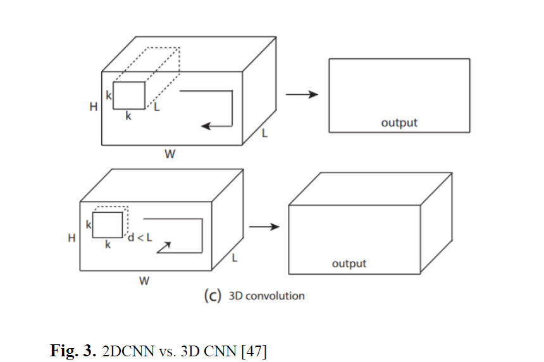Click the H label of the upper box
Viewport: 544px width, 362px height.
(94, 107)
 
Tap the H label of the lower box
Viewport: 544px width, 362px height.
(72, 238)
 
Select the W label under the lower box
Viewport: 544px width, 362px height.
(144, 281)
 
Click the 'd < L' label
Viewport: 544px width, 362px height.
(140, 238)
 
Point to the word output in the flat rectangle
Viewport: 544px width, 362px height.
(399, 123)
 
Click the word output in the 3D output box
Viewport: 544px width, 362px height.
(349, 263)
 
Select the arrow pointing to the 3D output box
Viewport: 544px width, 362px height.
(264, 226)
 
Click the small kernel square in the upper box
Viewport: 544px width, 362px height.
(130, 95)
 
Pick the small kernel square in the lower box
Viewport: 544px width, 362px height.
(108, 225)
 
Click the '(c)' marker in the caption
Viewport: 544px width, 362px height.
(212, 296)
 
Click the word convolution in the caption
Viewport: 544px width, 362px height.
(275, 296)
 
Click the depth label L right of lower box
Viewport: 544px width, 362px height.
(234, 258)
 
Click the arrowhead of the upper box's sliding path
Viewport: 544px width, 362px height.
(206, 126)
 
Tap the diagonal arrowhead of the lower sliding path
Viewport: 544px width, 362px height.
(166, 246)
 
